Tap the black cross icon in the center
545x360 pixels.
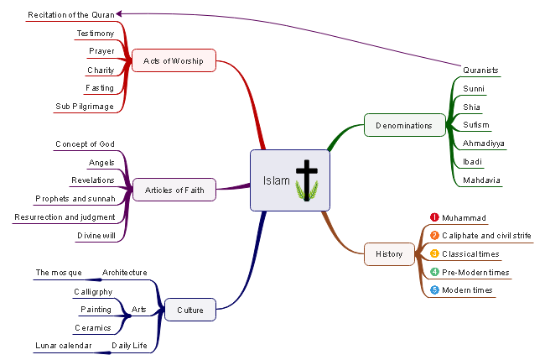(x=307, y=179)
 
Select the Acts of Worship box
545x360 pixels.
(x=174, y=60)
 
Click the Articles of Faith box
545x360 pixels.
(x=174, y=190)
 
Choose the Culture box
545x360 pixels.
(x=189, y=310)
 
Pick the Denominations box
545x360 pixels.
(x=404, y=125)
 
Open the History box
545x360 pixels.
(x=389, y=253)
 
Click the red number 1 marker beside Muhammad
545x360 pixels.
(x=434, y=217)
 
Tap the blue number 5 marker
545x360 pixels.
(x=434, y=290)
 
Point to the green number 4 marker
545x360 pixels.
(x=434, y=272)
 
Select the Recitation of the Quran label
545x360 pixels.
(x=71, y=15)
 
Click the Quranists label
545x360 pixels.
(x=480, y=70)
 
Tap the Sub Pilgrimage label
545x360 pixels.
(x=85, y=107)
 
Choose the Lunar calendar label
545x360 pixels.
(x=64, y=345)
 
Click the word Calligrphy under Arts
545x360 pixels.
(x=94, y=291)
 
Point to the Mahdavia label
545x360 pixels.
(x=481, y=180)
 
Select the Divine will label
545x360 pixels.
(x=96, y=235)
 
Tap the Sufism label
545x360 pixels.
(x=475, y=125)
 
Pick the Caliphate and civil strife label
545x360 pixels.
(x=486, y=236)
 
